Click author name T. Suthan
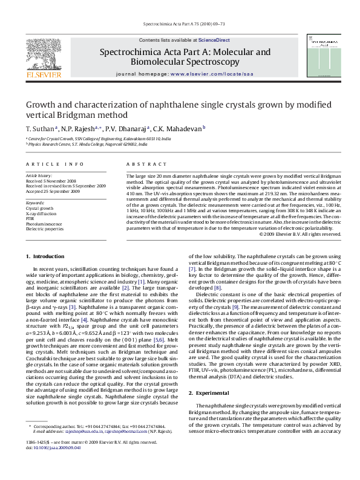pyautogui.click(x=39, y=129)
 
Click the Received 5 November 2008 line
pyautogui.click(x=51, y=181)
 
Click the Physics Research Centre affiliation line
pyautogui.click(x=87, y=145)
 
